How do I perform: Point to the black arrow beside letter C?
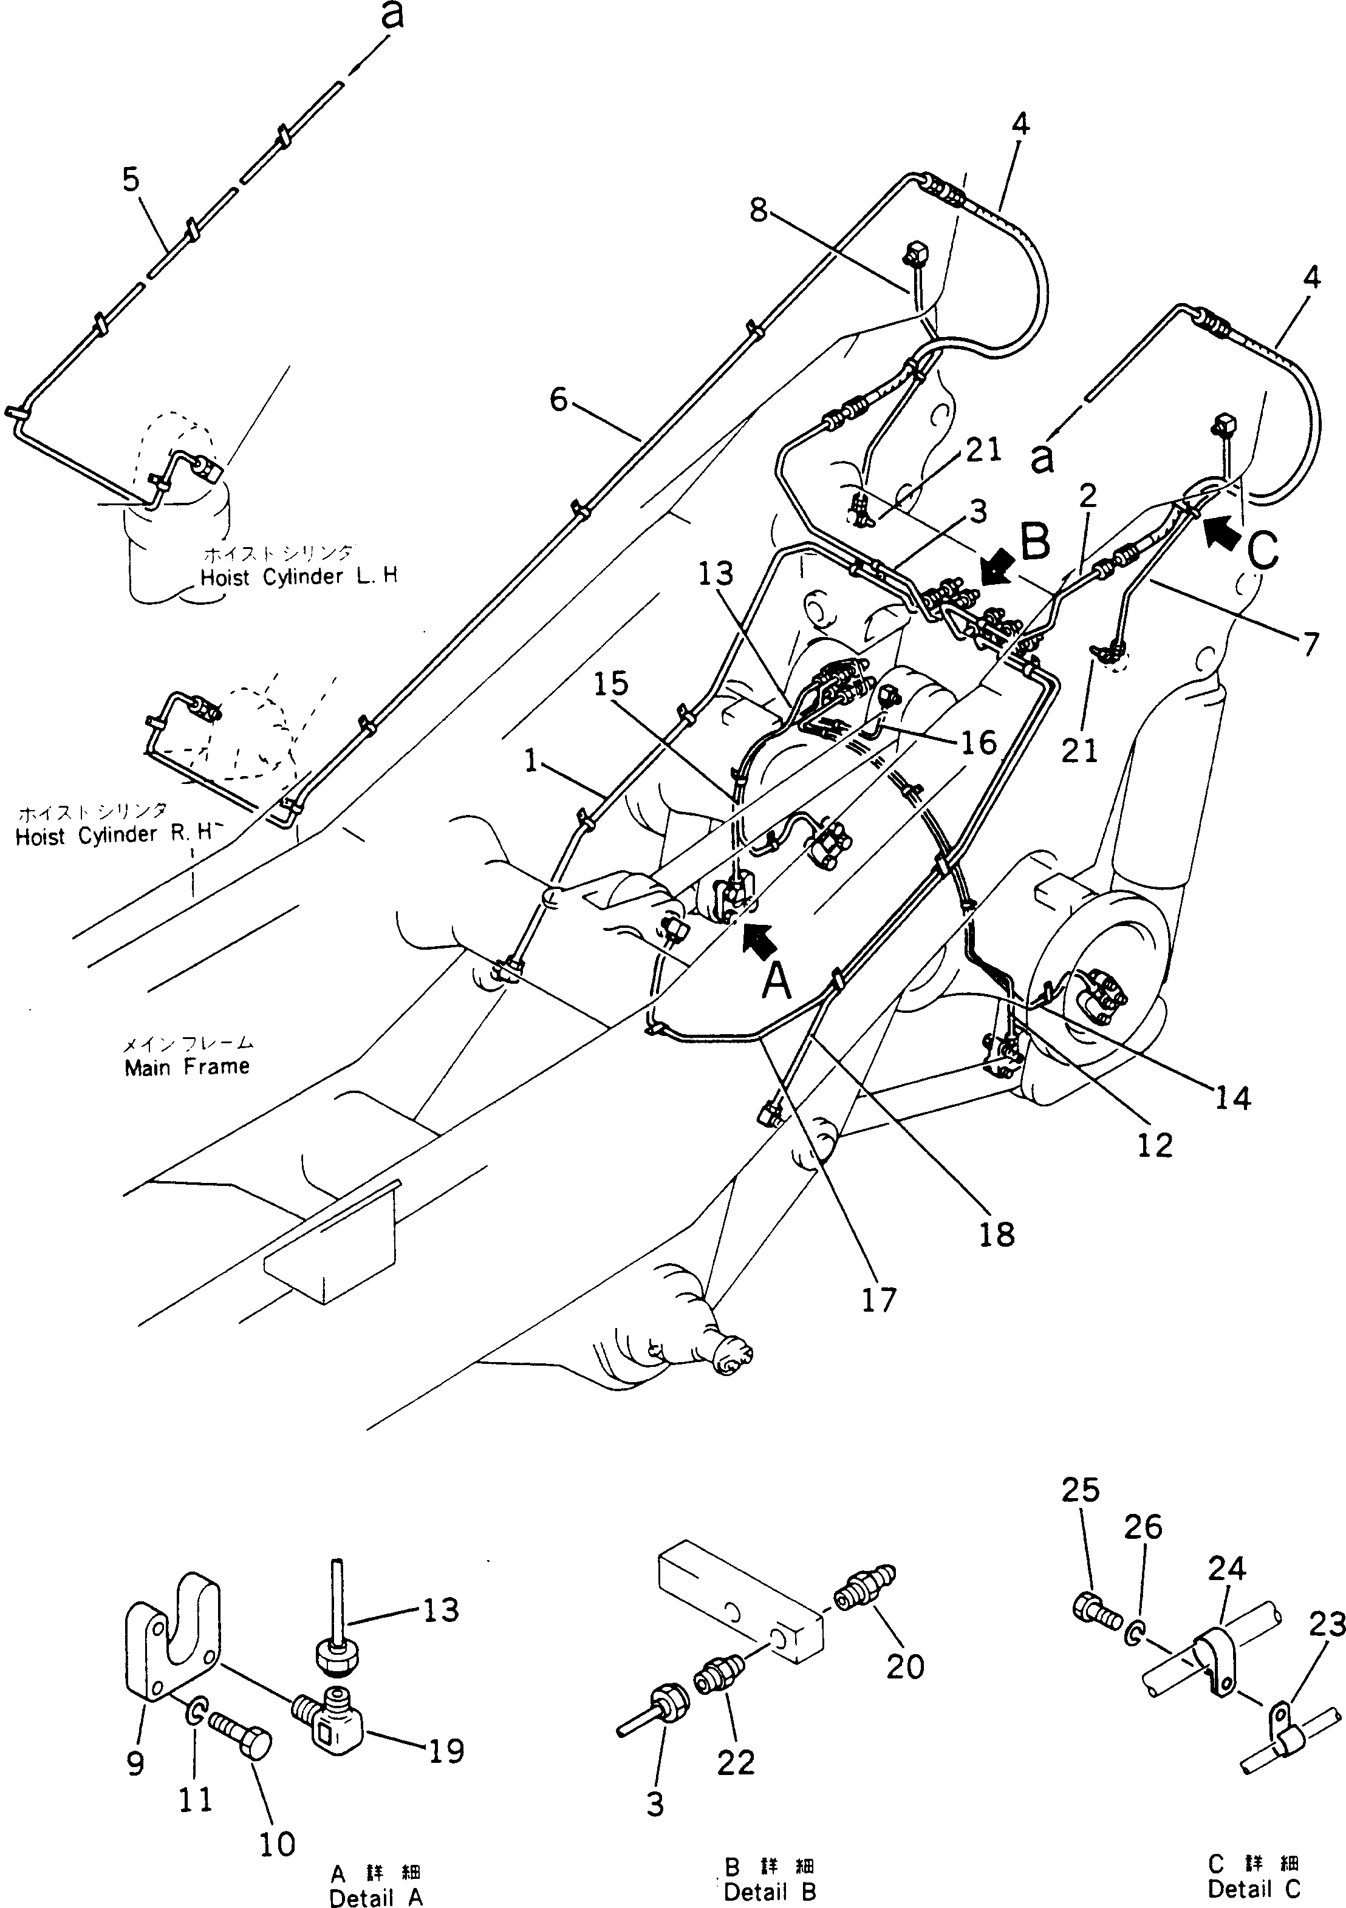coord(1221,532)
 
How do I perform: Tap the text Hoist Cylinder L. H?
coord(298,578)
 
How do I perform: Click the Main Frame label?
coord(186,1066)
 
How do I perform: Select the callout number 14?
coord(1232,1099)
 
